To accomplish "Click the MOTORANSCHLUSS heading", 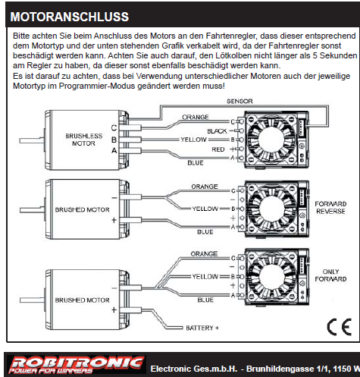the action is pyautogui.click(x=70, y=17).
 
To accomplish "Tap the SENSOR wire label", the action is pyautogui.click(x=239, y=102).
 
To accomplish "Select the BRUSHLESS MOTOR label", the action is pyautogui.click(x=84, y=140).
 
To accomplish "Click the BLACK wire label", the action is pyautogui.click(x=217, y=131).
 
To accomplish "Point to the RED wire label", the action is pyautogui.click(x=218, y=149).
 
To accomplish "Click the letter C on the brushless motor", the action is pyautogui.click(x=114, y=128).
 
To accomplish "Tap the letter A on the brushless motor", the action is pyautogui.click(x=114, y=151).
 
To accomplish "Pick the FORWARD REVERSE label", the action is pyautogui.click(x=330, y=208).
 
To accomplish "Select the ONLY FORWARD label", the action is pyautogui.click(x=330, y=275).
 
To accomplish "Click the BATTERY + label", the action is pyautogui.click(x=202, y=328).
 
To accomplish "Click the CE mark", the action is pyautogui.click(x=340, y=327).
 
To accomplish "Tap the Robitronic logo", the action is pyautogui.click(x=77, y=364).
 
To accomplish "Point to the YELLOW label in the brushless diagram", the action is pyautogui.click(x=193, y=140).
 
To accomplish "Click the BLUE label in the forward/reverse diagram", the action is pyautogui.click(x=205, y=232).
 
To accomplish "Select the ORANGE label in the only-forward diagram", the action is pyautogui.click(x=204, y=254).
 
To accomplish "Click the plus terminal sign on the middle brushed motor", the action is pyautogui.click(x=114, y=220).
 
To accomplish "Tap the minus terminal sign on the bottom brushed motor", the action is pyautogui.click(x=114, y=288).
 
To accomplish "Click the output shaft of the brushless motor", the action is pyautogui.click(x=32, y=140).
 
